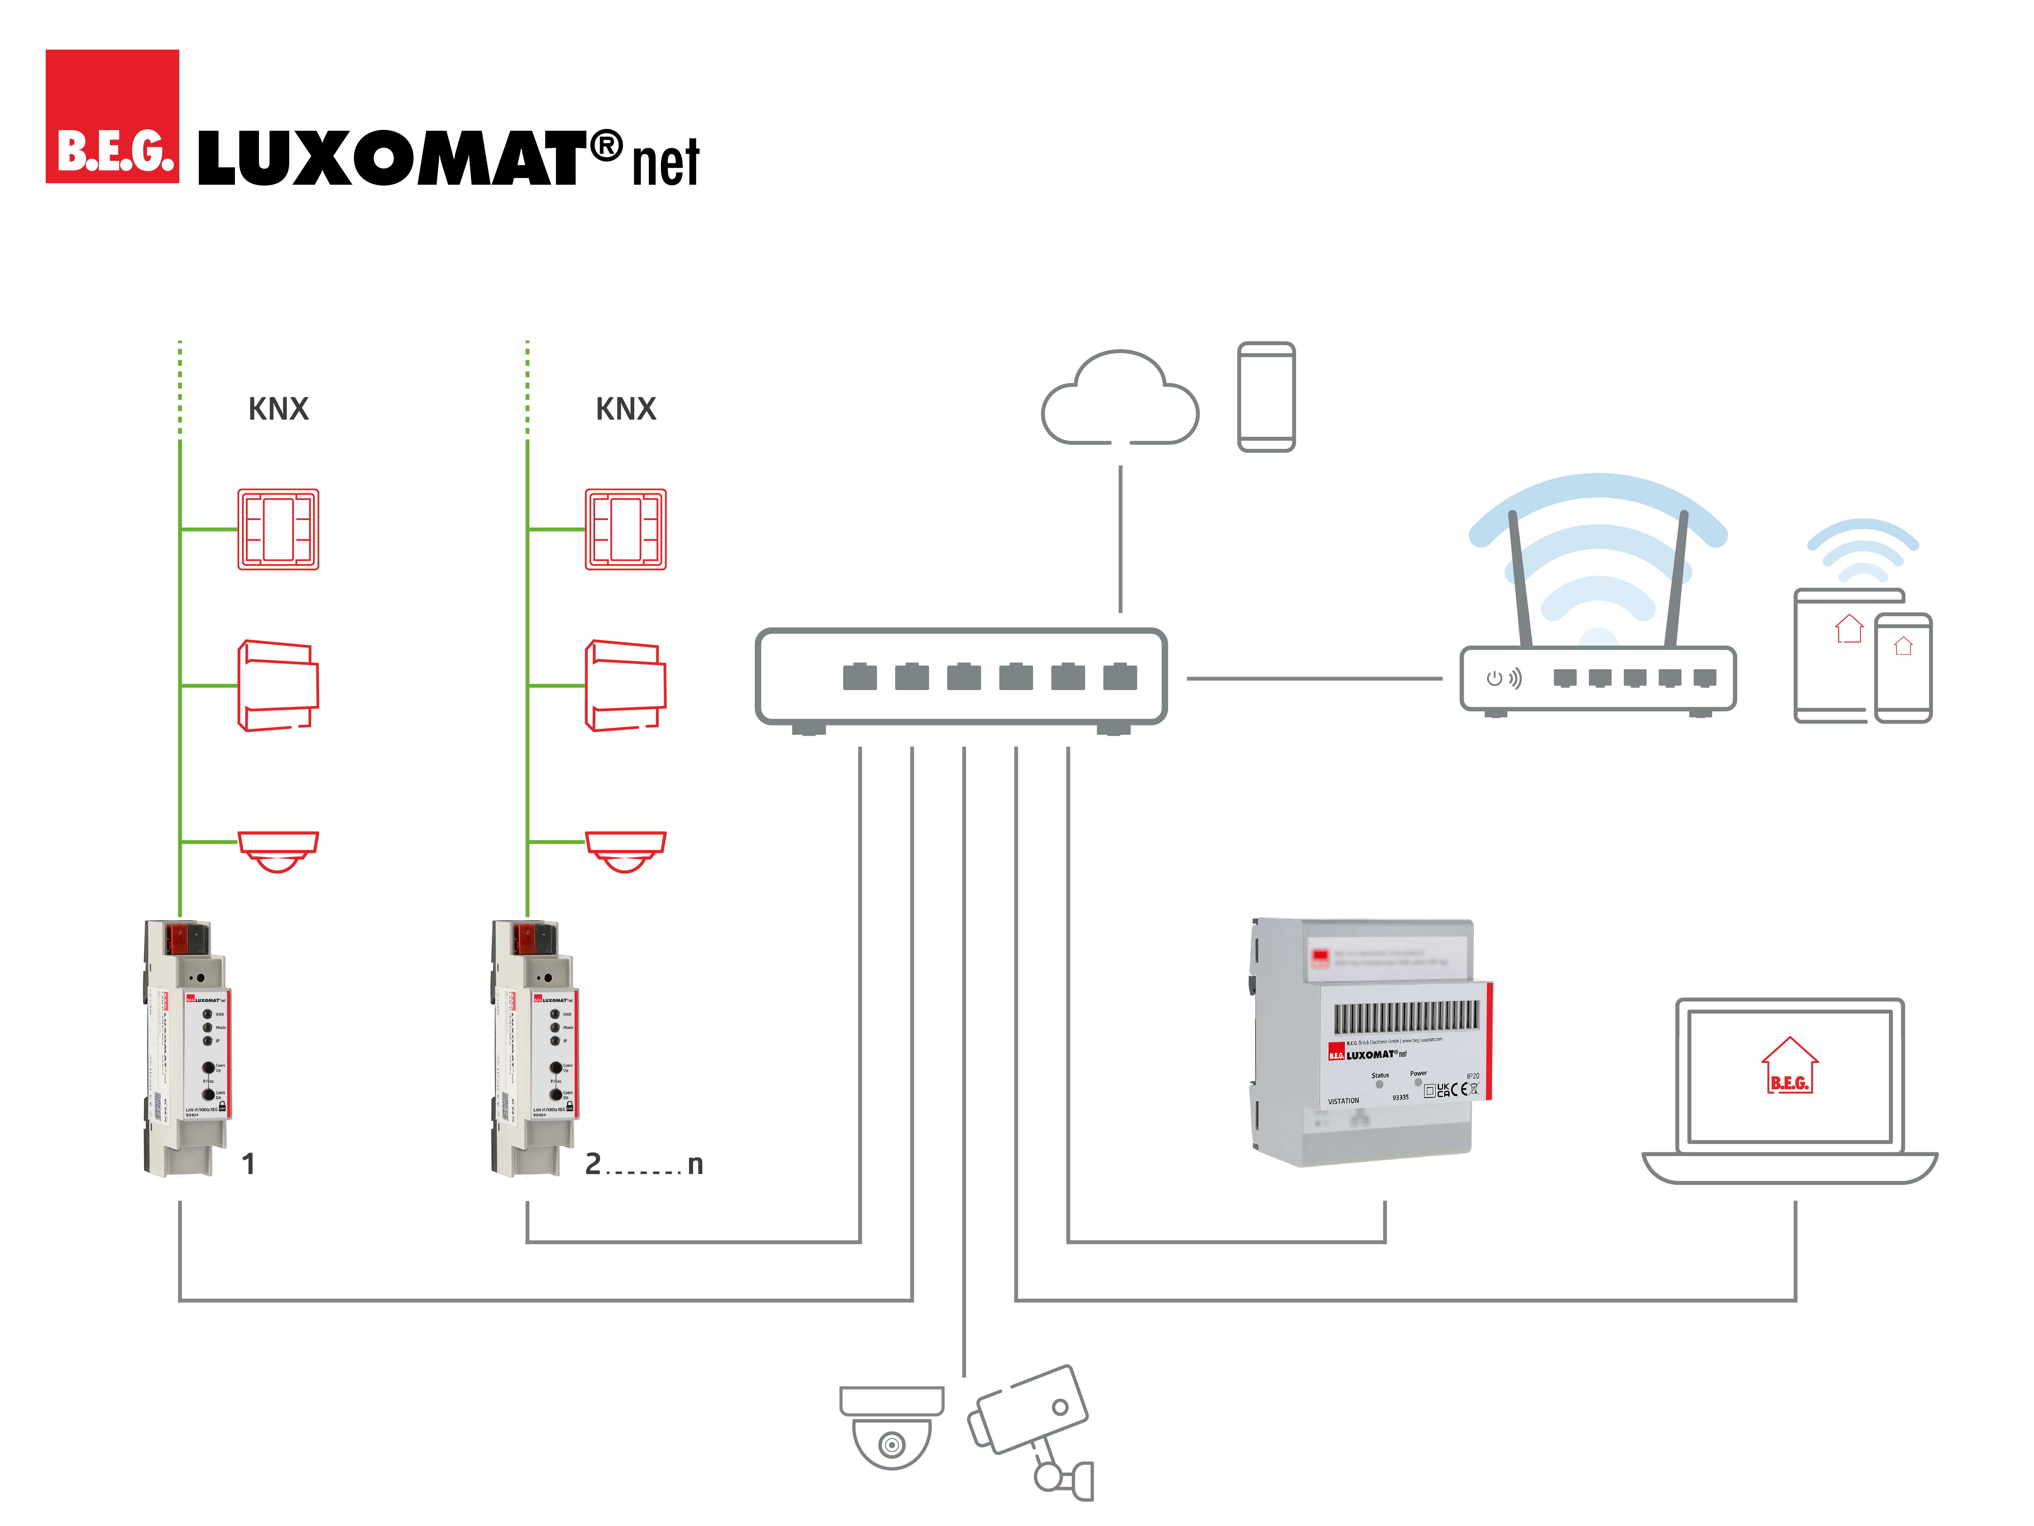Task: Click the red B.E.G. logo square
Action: click(x=112, y=117)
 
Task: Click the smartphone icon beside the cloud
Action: click(x=1266, y=397)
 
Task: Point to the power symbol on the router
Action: click(x=1494, y=679)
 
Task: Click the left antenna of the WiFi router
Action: click(x=1519, y=580)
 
